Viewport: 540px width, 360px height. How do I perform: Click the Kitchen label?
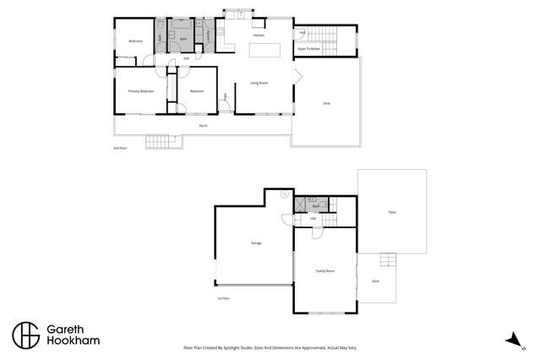tap(259, 35)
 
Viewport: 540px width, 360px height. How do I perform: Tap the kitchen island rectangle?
tap(264, 51)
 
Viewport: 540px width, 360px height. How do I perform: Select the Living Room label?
tap(259, 83)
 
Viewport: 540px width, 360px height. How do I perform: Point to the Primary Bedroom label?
tap(140, 91)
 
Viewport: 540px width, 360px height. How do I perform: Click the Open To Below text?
tap(308, 50)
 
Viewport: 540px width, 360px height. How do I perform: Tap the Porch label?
tap(203, 126)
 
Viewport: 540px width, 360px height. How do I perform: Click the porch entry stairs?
tap(158, 141)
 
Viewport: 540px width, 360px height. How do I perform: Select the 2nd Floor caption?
tap(120, 148)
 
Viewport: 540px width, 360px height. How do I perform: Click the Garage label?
tap(255, 243)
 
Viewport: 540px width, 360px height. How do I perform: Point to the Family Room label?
tap(325, 270)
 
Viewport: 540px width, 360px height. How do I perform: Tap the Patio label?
tap(392, 212)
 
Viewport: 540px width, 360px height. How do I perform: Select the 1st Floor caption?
tap(224, 298)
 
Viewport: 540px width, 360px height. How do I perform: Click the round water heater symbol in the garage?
tap(284, 196)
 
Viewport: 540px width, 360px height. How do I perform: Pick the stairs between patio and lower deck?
tap(387, 259)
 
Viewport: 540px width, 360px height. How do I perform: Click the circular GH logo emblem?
tap(25, 335)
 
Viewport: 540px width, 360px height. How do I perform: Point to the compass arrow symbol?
tap(511, 340)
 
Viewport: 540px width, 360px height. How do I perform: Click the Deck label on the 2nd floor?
tap(326, 103)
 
